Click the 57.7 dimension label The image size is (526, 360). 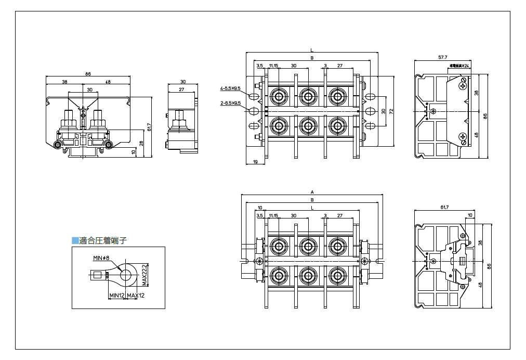(443, 57)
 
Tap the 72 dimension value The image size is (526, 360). (391, 111)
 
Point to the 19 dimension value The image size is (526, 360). (255, 162)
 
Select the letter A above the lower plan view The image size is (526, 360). (312, 192)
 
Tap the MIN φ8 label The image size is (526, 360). (101, 258)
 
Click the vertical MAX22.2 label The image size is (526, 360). (144, 274)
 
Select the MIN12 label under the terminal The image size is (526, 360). (116, 295)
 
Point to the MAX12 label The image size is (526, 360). (135, 295)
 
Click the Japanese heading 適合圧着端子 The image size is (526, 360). (103, 240)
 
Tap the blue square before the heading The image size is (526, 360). (75, 240)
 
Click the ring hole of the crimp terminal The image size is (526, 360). (126, 274)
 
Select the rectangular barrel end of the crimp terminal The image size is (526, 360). (97, 274)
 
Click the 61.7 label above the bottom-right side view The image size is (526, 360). (444, 207)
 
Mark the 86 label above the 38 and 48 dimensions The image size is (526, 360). (88, 74)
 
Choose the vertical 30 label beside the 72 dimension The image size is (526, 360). (384, 111)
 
